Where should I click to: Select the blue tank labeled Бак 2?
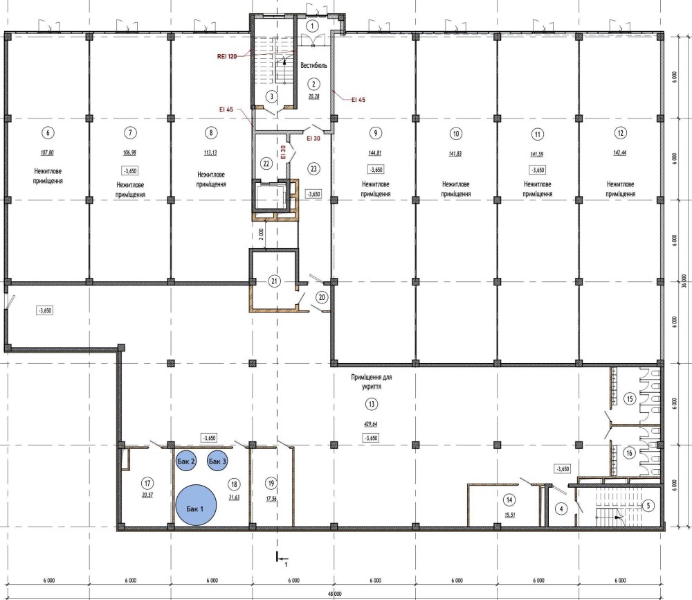point(185,461)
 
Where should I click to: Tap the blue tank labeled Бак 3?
point(217,461)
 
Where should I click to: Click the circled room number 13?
point(372,404)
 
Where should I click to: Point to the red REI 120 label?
point(227,57)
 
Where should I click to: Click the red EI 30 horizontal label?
point(313,139)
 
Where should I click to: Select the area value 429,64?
point(371,424)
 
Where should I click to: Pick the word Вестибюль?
point(313,65)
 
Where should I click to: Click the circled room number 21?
point(275,281)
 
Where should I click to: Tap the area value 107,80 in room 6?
point(47,152)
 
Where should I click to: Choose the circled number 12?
point(621,133)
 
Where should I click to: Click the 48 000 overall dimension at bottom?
point(334,594)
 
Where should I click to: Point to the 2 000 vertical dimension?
point(261,233)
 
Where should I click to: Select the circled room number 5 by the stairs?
point(648,506)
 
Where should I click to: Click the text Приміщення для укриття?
point(372,382)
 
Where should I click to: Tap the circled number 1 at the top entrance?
point(312,26)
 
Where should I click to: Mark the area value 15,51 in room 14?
point(510,515)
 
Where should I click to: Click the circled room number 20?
point(322,297)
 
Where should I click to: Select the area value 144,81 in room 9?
point(375,153)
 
